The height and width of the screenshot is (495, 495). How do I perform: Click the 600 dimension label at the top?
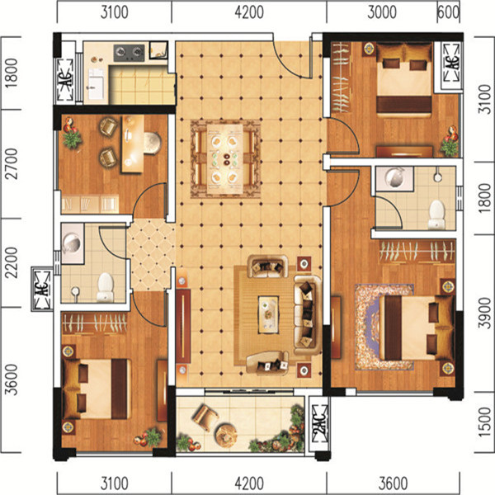pyautogui.click(x=448, y=12)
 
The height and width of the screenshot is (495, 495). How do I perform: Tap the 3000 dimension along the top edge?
pyautogui.click(x=382, y=12)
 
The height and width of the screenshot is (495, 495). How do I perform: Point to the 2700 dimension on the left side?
pyautogui.click(x=12, y=164)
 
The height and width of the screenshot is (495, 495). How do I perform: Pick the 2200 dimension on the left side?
pyautogui.click(x=12, y=262)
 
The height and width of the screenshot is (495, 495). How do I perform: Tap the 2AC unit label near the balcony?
pyautogui.click(x=319, y=423)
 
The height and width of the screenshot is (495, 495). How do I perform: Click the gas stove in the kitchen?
pyautogui.click(x=130, y=53)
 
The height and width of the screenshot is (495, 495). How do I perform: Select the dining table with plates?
pyautogui.click(x=225, y=158)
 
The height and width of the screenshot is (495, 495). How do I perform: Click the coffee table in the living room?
pyautogui.click(x=268, y=314)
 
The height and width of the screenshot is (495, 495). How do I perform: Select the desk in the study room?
pyautogui.click(x=133, y=144)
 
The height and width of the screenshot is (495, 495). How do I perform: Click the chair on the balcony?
pyautogui.click(x=205, y=417)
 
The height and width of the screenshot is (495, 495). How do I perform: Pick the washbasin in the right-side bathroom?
pyautogui.click(x=394, y=178)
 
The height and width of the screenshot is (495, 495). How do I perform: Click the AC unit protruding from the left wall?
pyautogui.click(x=42, y=289)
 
